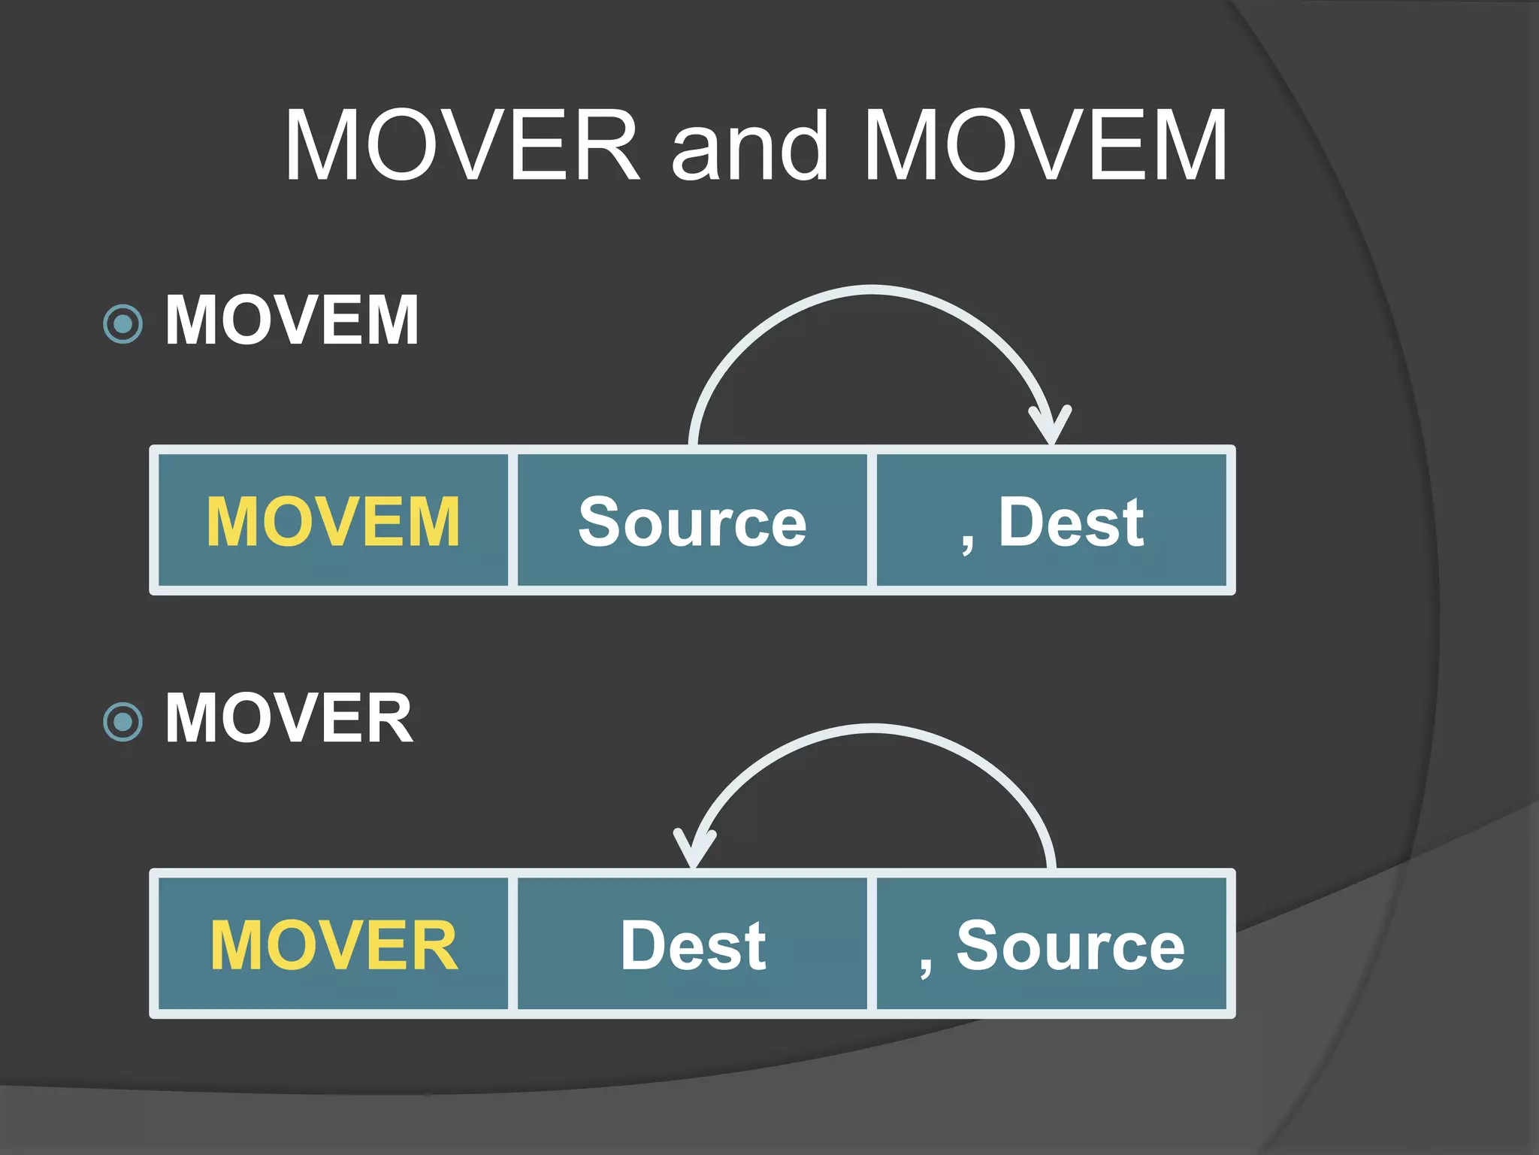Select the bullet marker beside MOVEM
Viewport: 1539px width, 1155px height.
tap(122, 324)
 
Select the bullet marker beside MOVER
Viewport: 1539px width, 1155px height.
tap(122, 722)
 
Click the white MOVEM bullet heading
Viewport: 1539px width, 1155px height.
tap(292, 320)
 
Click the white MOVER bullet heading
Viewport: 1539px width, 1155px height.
tap(289, 719)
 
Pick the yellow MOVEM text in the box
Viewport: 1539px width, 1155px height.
tap(333, 522)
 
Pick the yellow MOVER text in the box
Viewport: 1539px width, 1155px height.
tap(334, 945)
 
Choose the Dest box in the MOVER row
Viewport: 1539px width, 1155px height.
tap(692, 945)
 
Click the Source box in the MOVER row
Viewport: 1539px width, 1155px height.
tap(1052, 945)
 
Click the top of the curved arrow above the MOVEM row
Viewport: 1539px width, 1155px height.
tap(872, 290)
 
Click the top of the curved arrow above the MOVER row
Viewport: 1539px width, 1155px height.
tap(872, 728)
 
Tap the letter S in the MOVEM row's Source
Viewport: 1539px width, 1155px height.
tap(600, 522)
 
